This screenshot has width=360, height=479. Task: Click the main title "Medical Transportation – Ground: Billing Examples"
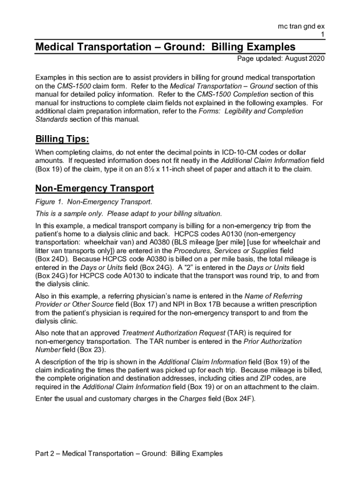(166, 47)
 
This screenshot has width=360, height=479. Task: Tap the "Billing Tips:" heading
(62, 140)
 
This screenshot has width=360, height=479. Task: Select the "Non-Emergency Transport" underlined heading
(94, 189)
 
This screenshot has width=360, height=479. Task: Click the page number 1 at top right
(322, 35)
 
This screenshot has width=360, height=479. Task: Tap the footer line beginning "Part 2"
(129, 453)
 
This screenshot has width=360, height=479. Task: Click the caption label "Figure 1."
(50, 202)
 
